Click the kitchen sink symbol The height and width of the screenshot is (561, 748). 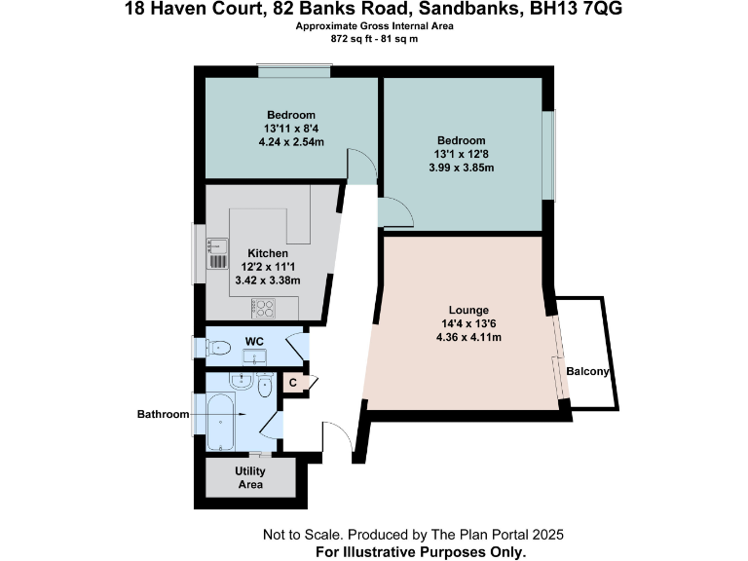(216, 252)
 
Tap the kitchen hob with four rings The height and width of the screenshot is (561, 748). (263, 308)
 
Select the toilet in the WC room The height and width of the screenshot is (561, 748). (218, 346)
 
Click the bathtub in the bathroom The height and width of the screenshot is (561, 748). (223, 422)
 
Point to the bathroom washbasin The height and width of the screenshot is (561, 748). (241, 381)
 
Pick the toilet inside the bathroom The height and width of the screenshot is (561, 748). (264, 385)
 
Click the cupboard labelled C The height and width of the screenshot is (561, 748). (292, 383)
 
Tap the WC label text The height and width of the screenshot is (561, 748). (254, 341)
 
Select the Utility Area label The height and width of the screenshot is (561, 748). (250, 476)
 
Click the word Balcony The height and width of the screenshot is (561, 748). (587, 371)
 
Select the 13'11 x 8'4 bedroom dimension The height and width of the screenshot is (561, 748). (291, 129)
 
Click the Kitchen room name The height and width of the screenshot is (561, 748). (268, 253)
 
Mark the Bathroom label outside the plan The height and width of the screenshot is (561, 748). (163, 414)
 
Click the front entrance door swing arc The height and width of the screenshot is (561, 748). (341, 435)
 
